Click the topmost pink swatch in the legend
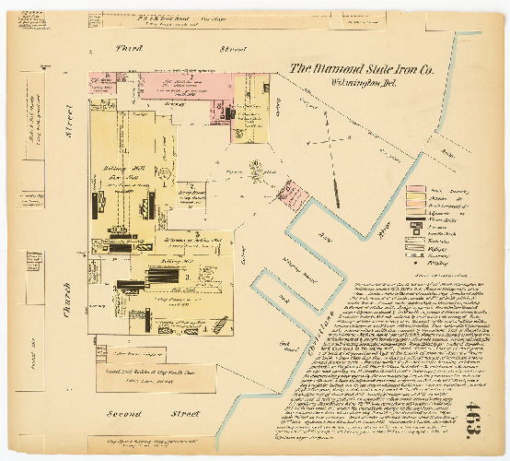pos(416,189)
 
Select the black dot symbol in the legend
pos(416,245)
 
